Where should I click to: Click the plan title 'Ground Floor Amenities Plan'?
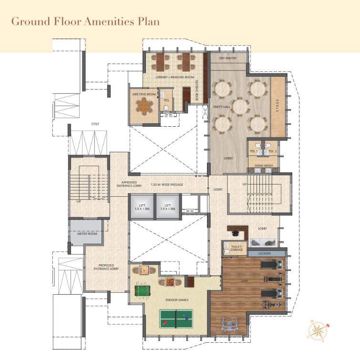click(85, 21)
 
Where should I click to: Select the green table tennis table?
click(176, 319)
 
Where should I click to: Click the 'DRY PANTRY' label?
click(228, 59)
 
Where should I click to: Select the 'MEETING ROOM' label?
click(144, 94)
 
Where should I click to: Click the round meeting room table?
click(144, 107)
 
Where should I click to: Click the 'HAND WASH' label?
click(263, 165)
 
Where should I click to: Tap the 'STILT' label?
click(95, 124)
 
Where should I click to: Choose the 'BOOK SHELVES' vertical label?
click(196, 87)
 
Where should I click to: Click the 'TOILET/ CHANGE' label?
click(237, 248)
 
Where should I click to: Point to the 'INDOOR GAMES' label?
click(176, 300)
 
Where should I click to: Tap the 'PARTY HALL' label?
click(222, 107)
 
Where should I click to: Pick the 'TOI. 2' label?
click(272, 151)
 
